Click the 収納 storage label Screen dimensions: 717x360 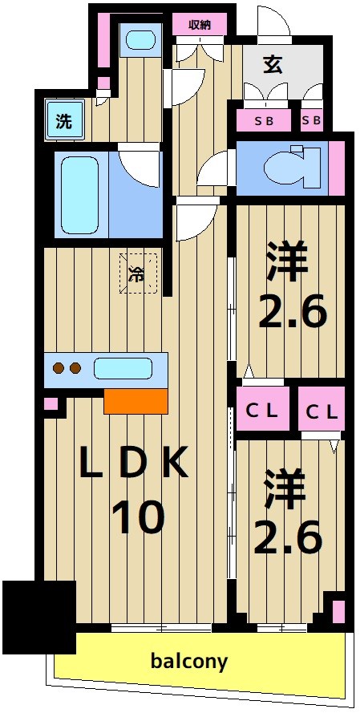(x=200, y=25)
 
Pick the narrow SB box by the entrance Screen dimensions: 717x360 (x=311, y=120)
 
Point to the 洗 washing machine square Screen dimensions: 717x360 (x=63, y=121)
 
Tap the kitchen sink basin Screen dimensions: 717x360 (x=123, y=369)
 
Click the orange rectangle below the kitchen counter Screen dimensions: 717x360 (x=136, y=399)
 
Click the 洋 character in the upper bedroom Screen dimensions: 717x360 (x=291, y=261)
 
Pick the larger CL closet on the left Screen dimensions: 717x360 (x=262, y=411)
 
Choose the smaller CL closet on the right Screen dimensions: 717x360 (x=322, y=411)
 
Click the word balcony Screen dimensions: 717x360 (x=189, y=662)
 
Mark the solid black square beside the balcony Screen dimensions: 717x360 (x=38, y=615)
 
